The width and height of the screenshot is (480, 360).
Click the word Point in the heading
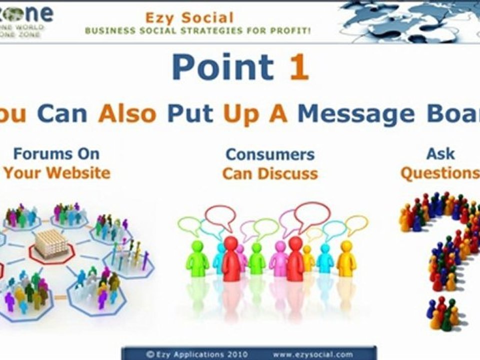223,67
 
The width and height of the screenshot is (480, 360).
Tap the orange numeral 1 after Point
298,67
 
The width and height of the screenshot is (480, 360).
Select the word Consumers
270,154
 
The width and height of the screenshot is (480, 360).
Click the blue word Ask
440,153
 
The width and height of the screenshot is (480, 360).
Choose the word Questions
439,173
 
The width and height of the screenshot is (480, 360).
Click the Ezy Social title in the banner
189,18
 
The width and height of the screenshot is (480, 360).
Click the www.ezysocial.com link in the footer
312,354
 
